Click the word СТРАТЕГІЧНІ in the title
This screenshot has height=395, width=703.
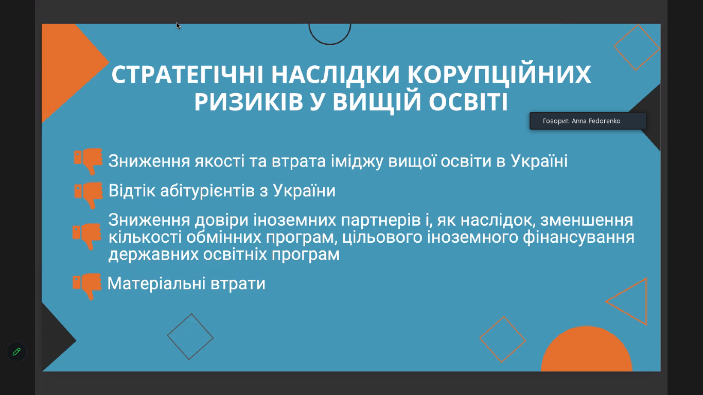tap(187, 75)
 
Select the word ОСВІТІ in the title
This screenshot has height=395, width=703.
tap(468, 102)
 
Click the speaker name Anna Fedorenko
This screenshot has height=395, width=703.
tap(596, 121)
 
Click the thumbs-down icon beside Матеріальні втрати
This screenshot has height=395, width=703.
tap(87, 286)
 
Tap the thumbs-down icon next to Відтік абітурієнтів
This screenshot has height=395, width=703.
tap(89, 195)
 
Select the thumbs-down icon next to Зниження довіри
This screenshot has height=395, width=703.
tap(87, 236)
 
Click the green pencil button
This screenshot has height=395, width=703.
tap(16, 352)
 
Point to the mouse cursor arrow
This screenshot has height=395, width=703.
tap(178, 26)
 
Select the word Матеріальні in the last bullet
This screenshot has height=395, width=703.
tap(156, 283)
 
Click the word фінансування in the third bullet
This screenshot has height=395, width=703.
tap(578, 237)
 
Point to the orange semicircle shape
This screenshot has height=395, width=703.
tap(587, 349)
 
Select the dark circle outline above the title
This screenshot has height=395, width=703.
tap(329, 44)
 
